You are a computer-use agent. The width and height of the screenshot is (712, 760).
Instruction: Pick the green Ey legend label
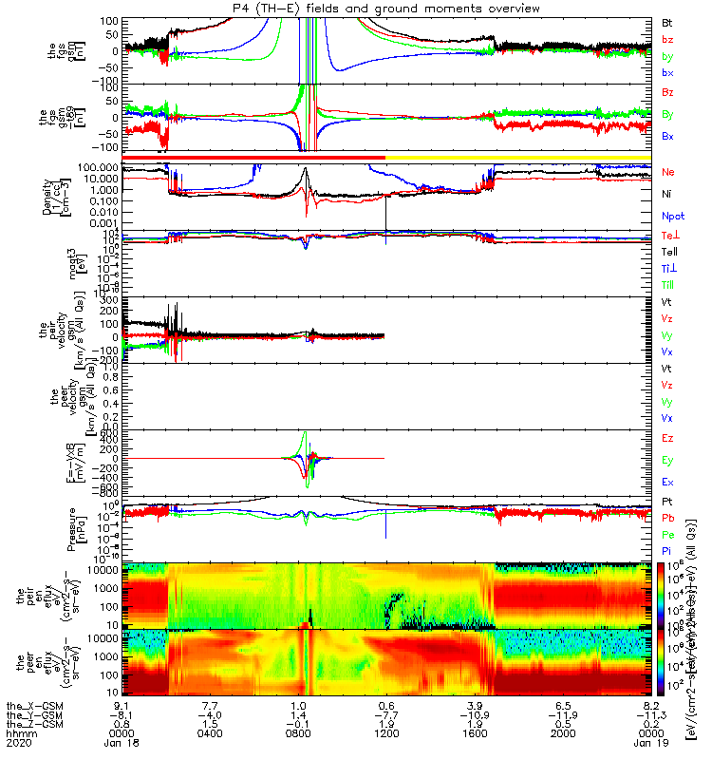[666, 461]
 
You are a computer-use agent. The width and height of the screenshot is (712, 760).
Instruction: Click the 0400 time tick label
[211, 731]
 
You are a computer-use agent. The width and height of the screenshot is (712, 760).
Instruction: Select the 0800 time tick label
[298, 731]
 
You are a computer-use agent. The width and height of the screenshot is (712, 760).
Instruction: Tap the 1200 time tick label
[385, 731]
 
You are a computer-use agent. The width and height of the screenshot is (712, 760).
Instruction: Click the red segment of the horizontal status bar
[254, 157]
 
